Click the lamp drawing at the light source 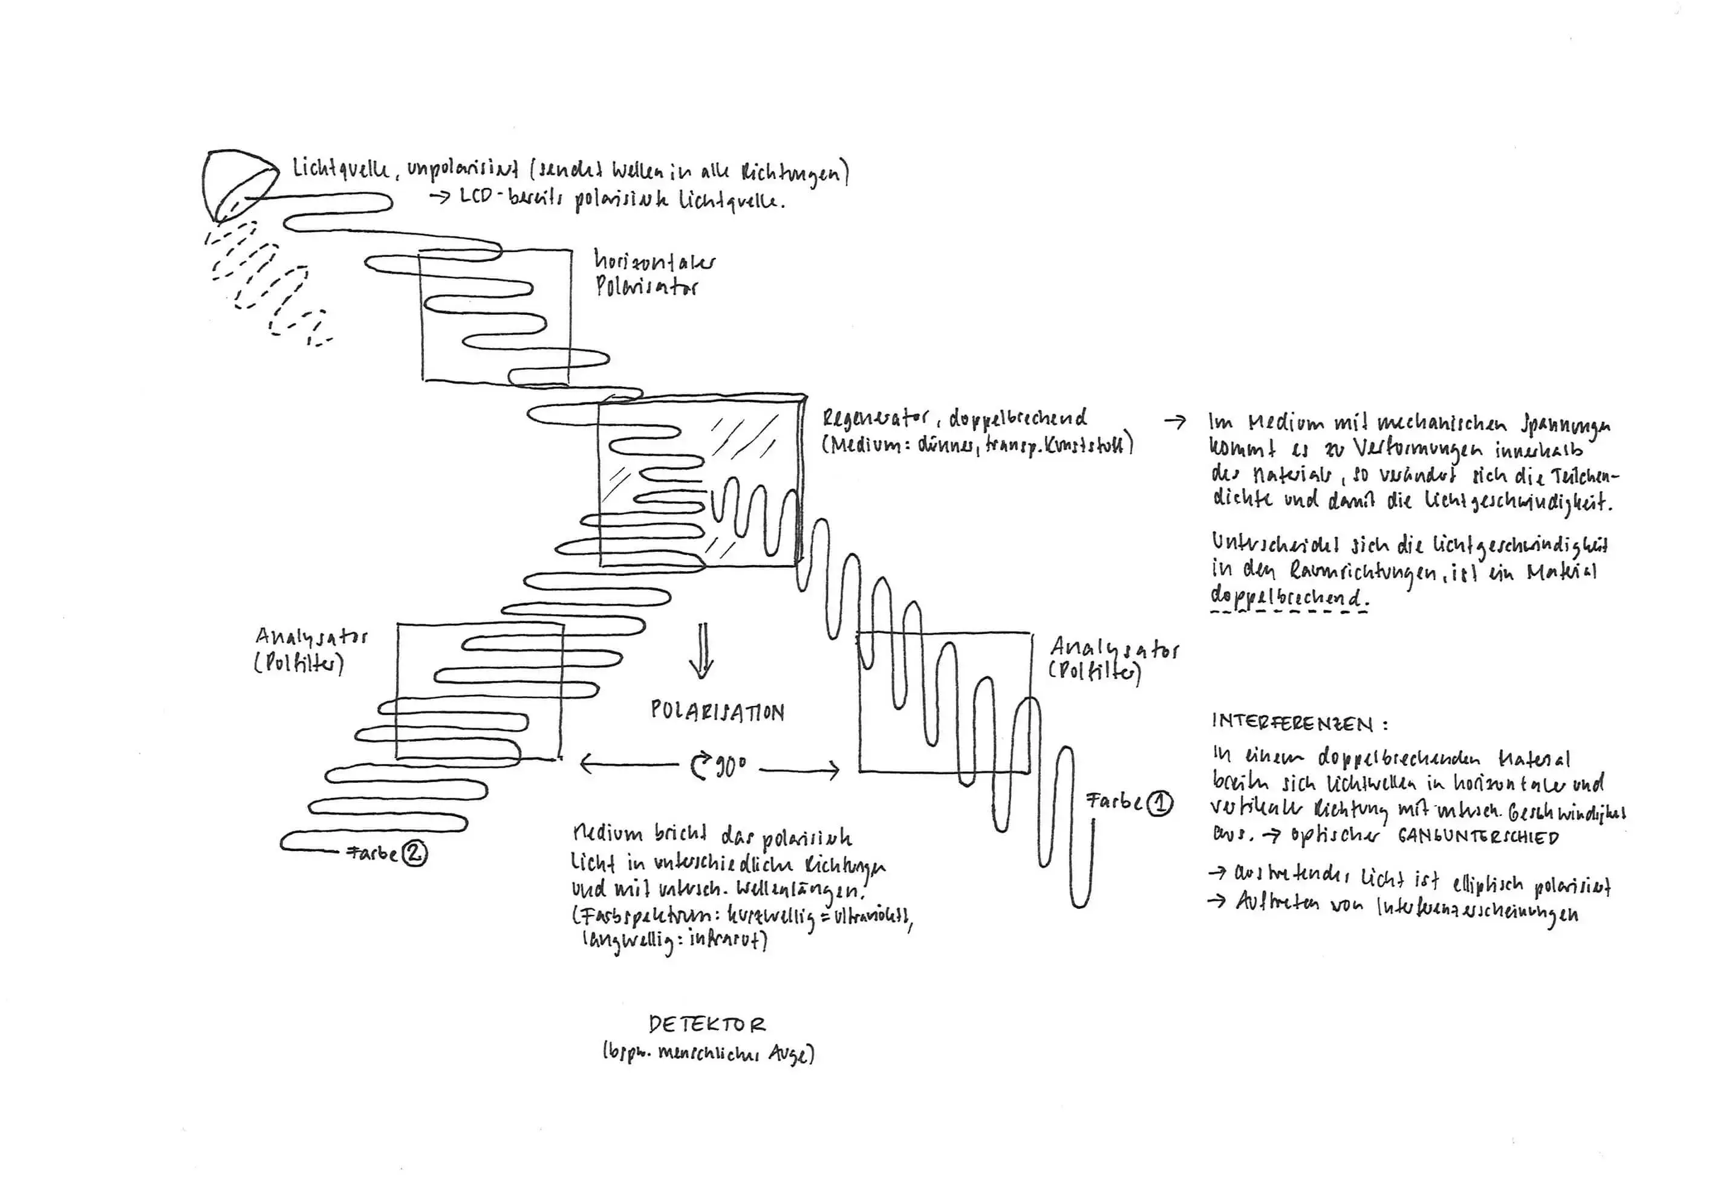click(233, 183)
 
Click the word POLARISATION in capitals click(717, 711)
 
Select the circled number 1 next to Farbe click(1159, 803)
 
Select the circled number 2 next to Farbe click(415, 853)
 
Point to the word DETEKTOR click(706, 1024)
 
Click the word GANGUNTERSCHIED click(1478, 837)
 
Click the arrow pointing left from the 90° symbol click(627, 764)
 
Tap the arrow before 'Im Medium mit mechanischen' click(1174, 421)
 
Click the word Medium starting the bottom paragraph click(607, 833)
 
